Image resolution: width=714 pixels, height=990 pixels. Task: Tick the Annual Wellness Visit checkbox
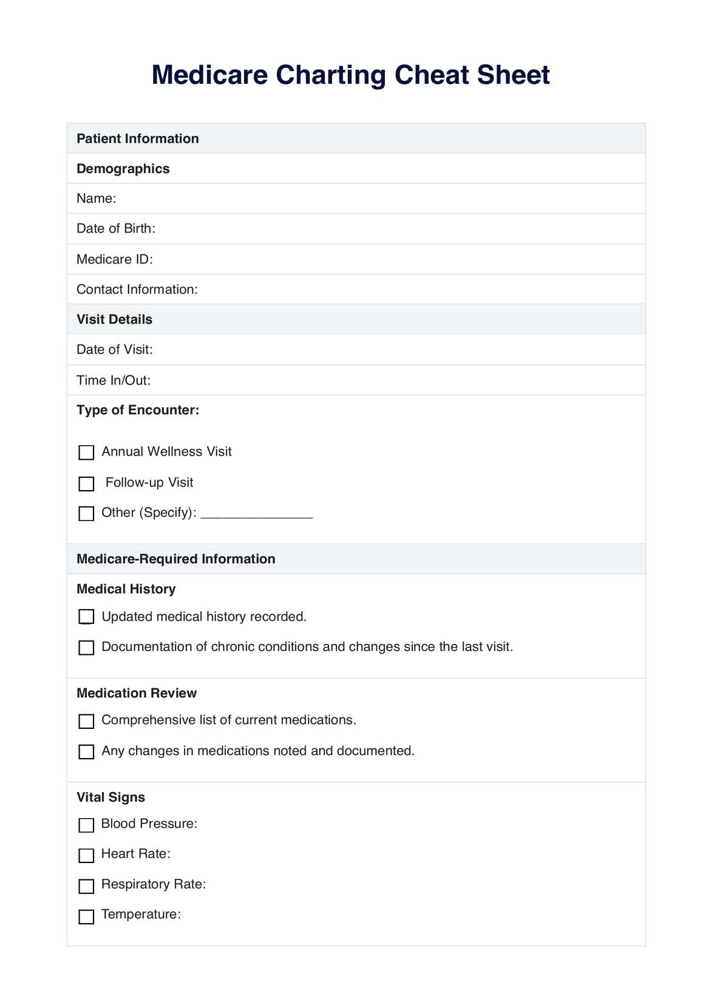(87, 452)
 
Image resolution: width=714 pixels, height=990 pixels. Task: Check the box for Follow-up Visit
(87, 483)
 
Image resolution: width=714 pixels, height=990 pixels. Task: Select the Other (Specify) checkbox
(87, 514)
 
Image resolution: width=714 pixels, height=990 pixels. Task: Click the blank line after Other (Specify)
(256, 515)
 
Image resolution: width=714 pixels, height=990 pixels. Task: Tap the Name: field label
(96, 199)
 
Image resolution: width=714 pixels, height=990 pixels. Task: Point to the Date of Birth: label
(116, 228)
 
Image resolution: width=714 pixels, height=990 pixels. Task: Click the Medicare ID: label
(115, 259)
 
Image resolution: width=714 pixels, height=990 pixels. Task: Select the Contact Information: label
(137, 290)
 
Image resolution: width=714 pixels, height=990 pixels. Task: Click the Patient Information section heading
(138, 138)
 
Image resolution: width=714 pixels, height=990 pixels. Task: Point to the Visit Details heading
(114, 319)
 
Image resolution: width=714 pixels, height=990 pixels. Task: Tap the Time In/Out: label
(114, 380)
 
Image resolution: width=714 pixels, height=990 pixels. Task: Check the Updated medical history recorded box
(87, 617)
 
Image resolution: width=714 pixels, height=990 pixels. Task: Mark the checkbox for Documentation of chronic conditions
(87, 647)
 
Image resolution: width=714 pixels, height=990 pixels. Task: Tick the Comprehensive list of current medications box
(87, 721)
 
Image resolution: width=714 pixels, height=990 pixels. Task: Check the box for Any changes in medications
(87, 752)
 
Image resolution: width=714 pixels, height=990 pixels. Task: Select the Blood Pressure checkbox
(87, 825)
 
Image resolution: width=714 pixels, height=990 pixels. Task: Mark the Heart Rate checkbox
(87, 855)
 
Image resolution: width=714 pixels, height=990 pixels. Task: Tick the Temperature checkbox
(87, 917)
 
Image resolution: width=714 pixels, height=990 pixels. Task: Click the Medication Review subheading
(137, 693)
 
